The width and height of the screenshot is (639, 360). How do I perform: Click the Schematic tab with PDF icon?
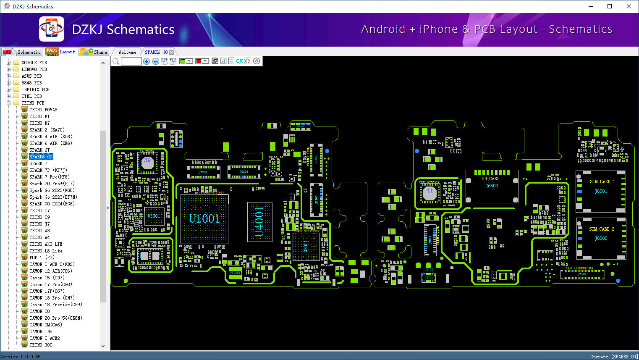tap(22, 52)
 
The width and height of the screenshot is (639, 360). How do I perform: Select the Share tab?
tap(94, 52)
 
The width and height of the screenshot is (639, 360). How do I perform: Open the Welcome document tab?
tap(127, 52)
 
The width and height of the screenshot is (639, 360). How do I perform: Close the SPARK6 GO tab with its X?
tap(172, 52)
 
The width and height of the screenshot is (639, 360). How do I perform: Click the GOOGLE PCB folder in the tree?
tap(34, 63)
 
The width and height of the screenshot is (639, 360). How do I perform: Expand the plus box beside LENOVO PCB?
tap(8, 69)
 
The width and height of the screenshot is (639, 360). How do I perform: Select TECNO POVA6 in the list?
tap(43, 110)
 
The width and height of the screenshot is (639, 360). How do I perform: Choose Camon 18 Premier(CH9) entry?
tap(55, 305)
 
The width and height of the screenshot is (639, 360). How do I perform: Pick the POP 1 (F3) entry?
tap(42, 258)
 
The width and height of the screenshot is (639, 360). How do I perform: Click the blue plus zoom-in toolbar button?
tap(147, 61)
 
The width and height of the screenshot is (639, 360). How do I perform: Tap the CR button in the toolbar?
tap(239, 61)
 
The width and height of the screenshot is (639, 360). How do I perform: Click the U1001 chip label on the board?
tap(204, 218)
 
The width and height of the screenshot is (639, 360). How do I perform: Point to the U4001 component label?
tap(259, 221)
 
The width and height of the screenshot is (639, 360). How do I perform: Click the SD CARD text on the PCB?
tap(490, 179)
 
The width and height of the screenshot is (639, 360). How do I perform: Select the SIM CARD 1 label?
tap(602, 181)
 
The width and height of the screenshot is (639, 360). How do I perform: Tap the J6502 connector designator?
tap(601, 238)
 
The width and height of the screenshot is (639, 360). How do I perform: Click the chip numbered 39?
tap(147, 161)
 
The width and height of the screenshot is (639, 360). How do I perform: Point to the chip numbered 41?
tap(429, 191)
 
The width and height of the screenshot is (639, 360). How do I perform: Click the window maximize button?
tap(610, 6)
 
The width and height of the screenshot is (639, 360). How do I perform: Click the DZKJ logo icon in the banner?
tap(52, 29)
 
